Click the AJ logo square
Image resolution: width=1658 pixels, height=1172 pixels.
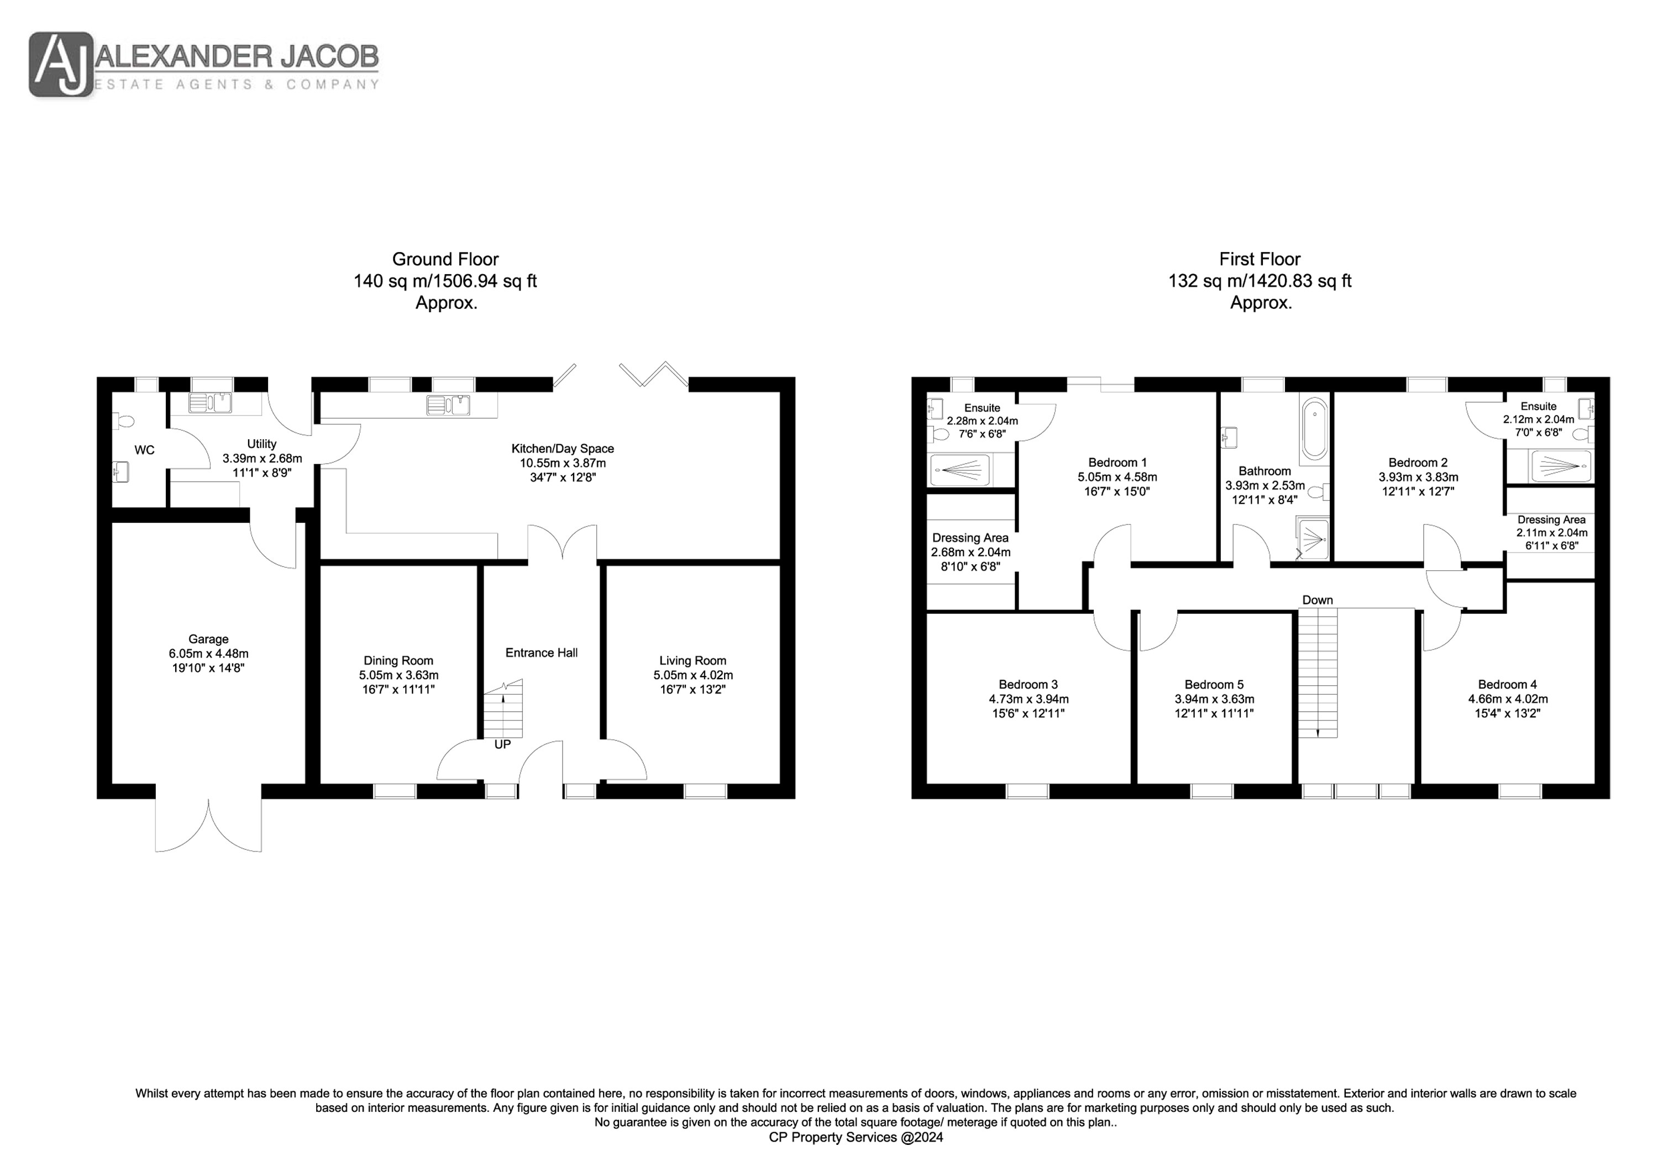(61, 64)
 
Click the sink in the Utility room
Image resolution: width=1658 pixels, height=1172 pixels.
(210, 402)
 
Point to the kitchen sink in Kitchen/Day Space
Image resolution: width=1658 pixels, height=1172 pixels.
(448, 405)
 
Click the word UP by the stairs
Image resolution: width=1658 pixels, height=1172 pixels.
(502, 744)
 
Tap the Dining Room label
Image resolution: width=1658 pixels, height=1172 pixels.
(398, 661)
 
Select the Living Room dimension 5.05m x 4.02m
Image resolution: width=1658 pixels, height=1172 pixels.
(693, 675)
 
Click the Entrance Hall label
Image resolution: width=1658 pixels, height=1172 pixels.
(542, 653)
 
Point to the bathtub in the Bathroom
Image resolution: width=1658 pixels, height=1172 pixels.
(1315, 430)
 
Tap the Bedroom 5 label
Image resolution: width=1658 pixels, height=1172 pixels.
(1214, 685)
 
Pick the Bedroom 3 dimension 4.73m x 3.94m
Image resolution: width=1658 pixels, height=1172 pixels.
(1029, 699)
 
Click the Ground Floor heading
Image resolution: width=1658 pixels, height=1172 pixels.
(445, 259)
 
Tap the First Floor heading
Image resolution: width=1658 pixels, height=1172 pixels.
(1260, 259)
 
